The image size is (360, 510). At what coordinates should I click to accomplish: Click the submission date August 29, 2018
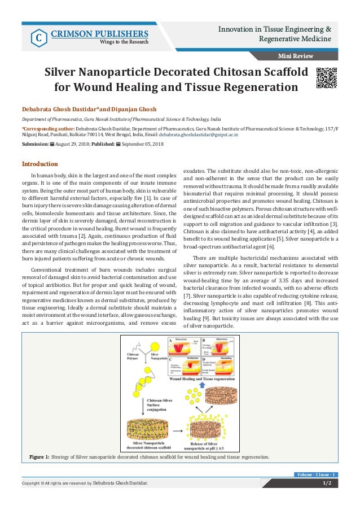coord(71,145)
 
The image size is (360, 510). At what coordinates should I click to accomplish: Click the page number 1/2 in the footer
coord(327,483)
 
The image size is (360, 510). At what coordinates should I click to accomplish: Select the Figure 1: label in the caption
coord(39,456)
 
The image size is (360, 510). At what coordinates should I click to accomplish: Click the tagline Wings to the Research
coord(124,41)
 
